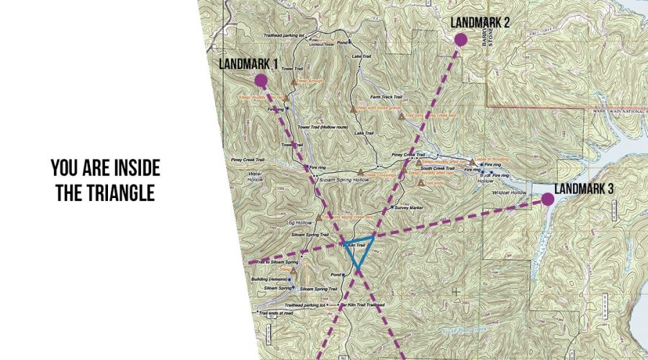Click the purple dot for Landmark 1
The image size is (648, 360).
(x=261, y=81)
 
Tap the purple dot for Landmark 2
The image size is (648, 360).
(x=460, y=40)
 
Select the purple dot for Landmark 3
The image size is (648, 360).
(x=547, y=199)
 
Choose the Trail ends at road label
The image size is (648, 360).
(x=278, y=313)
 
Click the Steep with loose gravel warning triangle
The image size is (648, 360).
(x=354, y=109)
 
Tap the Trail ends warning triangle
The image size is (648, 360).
(x=420, y=183)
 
